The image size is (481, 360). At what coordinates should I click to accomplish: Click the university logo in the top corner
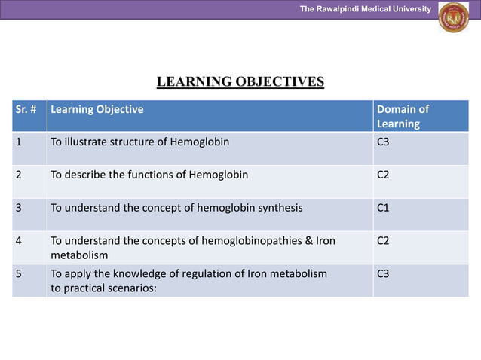pos(453,17)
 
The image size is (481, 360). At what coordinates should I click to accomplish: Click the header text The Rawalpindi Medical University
pos(365,9)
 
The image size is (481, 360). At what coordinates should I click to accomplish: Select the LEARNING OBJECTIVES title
pos(240,81)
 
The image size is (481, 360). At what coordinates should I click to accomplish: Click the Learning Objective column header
pos(97,109)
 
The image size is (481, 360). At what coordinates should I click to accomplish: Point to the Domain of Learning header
pos(403,116)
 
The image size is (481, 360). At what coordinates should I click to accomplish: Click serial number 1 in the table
pos(19,142)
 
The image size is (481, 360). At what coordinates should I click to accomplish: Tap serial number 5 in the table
pos(19,273)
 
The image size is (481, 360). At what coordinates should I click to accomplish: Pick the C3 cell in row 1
pos(383,142)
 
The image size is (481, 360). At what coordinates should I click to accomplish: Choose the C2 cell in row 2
pos(383,175)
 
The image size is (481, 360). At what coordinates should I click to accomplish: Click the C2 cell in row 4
pos(383,240)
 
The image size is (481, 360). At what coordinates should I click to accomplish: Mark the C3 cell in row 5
pos(383,273)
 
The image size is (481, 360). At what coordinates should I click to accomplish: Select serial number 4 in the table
pos(19,240)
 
